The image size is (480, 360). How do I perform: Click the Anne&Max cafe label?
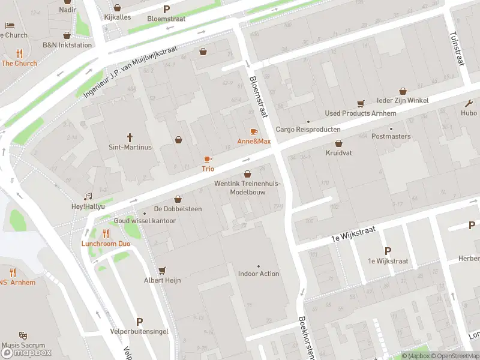(254, 142)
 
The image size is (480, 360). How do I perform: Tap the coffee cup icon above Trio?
(208, 160)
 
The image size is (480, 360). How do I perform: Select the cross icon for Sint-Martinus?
(130, 137)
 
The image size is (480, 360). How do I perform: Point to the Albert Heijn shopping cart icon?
(162, 271)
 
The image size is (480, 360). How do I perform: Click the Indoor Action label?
(259, 274)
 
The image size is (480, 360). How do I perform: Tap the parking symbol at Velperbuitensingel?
(140, 322)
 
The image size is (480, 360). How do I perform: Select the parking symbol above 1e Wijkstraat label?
(388, 251)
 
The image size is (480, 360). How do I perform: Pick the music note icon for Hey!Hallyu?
(88, 196)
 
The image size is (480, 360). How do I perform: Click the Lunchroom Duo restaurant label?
(106, 244)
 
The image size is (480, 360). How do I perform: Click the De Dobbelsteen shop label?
(178, 209)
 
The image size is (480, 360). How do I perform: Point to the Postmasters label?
(391, 136)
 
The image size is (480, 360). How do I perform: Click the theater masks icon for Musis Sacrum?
(23, 335)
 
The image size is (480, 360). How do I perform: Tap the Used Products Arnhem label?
(360, 113)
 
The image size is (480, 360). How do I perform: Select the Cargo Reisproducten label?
(308, 130)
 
